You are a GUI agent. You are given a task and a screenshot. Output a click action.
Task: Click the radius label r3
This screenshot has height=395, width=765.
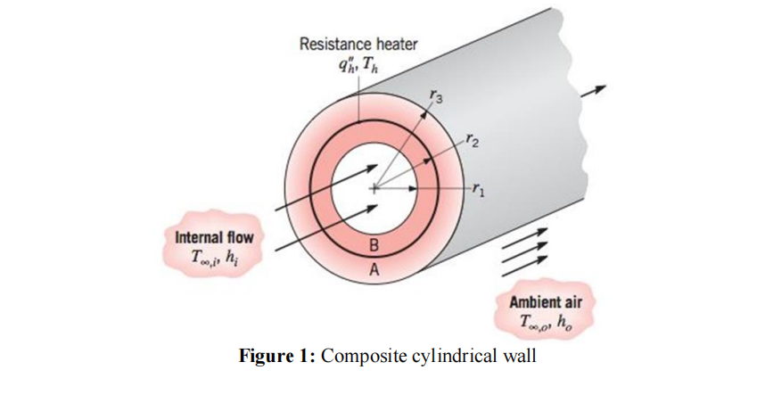435,95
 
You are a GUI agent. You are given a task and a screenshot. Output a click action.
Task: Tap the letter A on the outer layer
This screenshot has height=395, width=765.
374,273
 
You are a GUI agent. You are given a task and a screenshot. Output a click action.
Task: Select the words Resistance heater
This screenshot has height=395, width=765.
358,43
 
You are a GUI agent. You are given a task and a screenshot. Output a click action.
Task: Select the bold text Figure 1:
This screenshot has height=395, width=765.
278,357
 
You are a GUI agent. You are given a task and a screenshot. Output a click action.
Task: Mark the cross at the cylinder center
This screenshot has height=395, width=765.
374,189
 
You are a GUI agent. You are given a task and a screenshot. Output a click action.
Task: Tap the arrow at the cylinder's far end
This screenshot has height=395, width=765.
593,91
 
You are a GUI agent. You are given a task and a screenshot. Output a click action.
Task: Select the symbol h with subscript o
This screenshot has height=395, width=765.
565,319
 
